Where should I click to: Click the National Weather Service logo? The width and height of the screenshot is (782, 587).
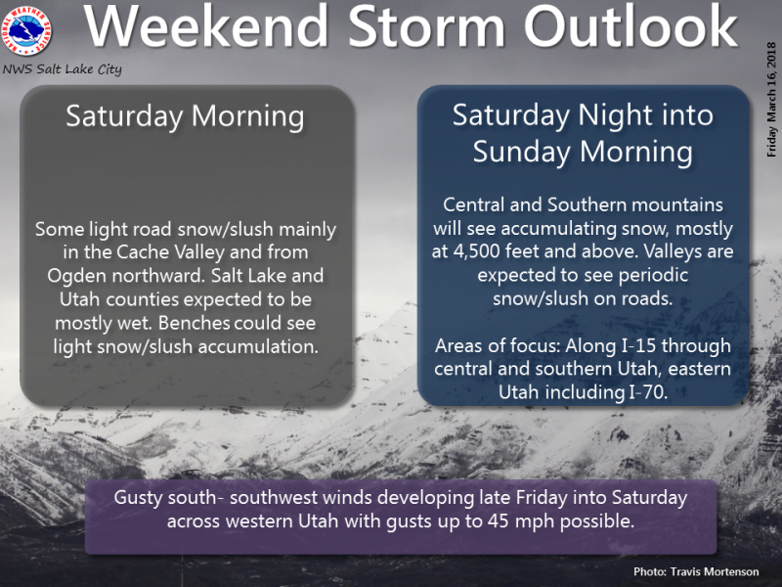point(27,30)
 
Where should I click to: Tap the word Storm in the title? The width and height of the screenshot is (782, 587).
point(427,26)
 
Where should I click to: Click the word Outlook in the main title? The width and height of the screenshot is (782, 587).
point(630,26)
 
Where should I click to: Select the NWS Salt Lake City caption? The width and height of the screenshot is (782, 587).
point(62,69)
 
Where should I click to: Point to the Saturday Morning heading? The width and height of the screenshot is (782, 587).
point(185,116)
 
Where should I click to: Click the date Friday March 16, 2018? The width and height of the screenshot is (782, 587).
point(771,100)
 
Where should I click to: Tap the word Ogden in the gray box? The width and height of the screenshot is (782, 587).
point(77,276)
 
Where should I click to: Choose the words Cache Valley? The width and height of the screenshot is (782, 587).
point(170,252)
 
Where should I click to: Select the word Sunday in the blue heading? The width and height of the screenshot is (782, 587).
point(522,152)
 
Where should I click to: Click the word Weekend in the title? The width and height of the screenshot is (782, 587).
point(206,26)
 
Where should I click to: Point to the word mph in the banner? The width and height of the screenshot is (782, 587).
point(535,522)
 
